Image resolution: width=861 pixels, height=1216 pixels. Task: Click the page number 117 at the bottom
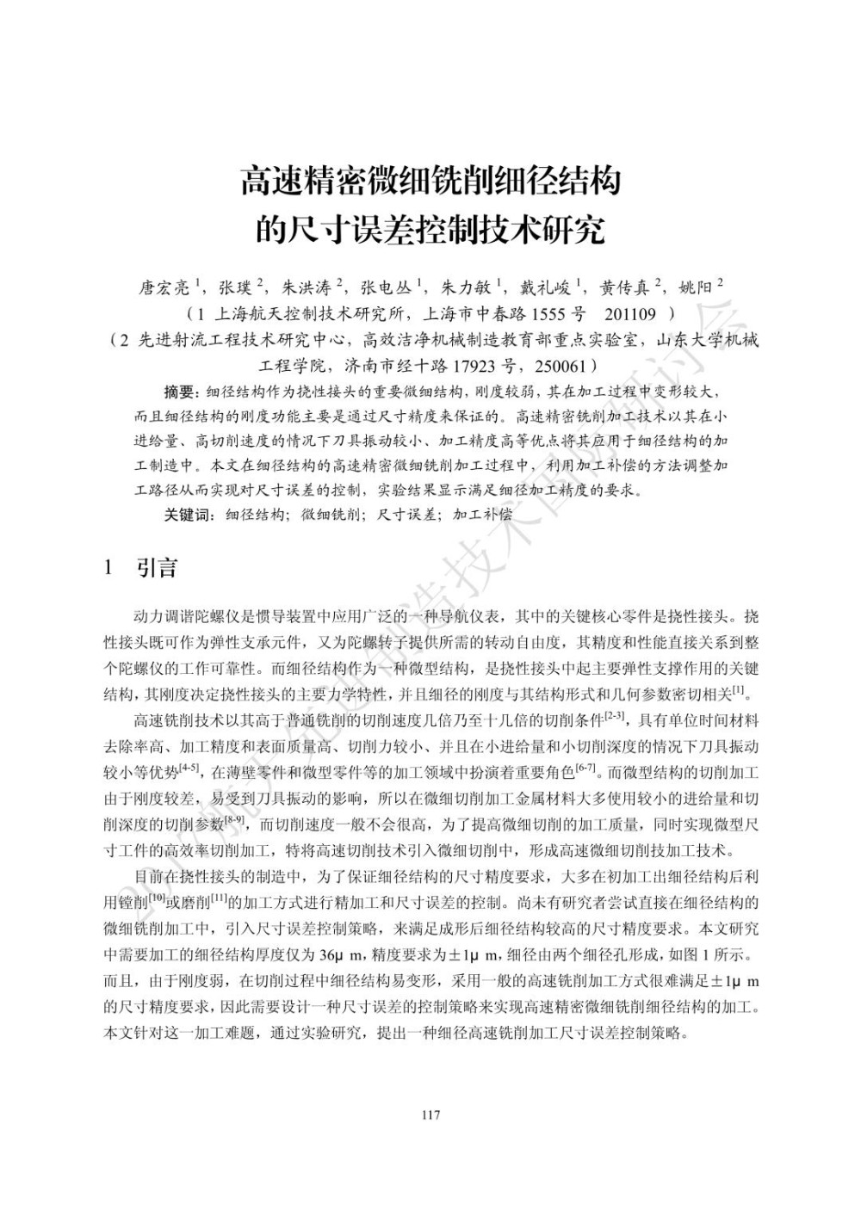click(x=430, y=1116)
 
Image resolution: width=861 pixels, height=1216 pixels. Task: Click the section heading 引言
click(x=158, y=568)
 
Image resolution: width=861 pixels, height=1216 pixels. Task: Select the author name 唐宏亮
click(x=164, y=287)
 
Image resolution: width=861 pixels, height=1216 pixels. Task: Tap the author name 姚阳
click(x=697, y=287)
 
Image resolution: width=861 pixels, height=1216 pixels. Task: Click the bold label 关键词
click(x=187, y=515)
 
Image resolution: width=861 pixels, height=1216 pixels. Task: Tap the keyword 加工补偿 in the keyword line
click(x=482, y=515)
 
